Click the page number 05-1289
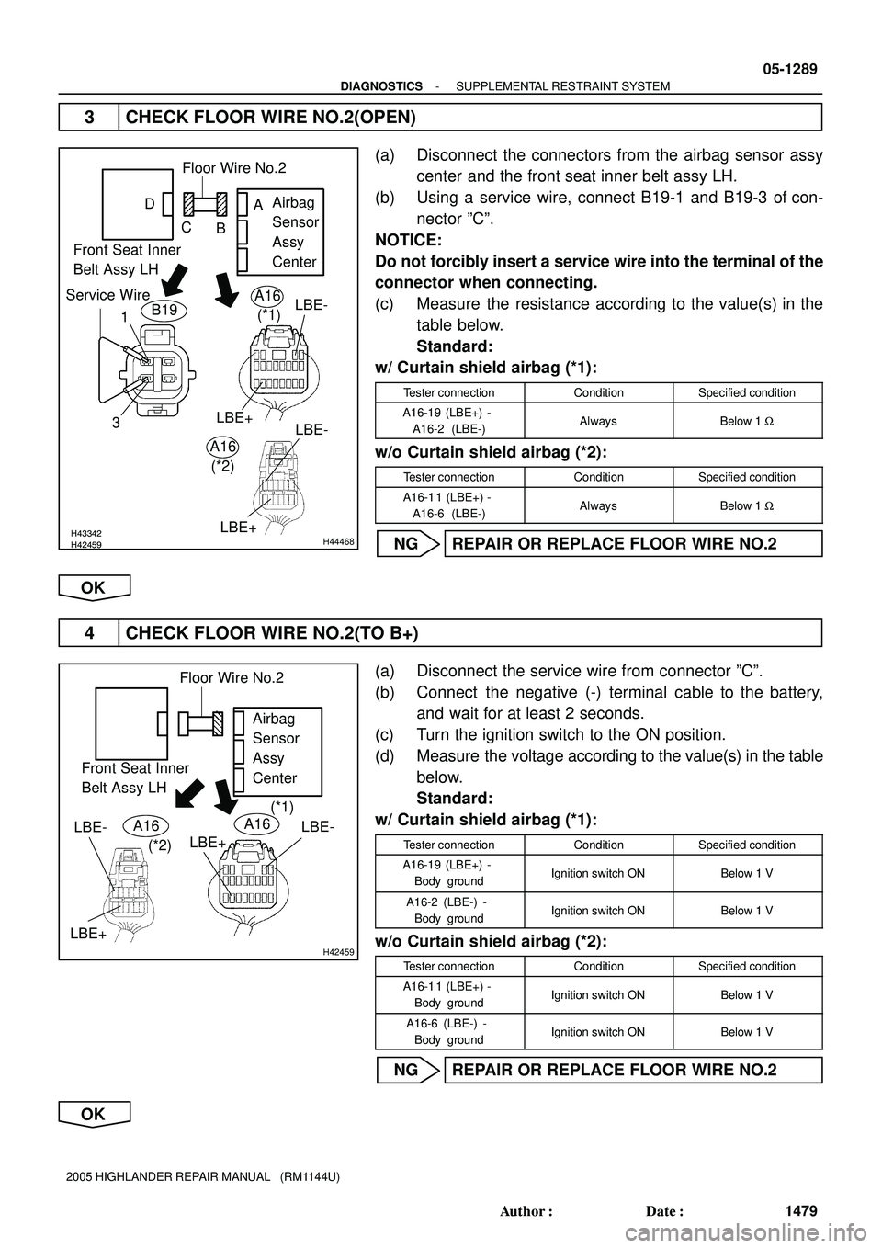tap(788, 70)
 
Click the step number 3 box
tap(89, 118)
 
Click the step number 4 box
tap(89, 634)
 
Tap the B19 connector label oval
tap(164, 311)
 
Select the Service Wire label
tap(107, 295)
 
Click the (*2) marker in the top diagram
tap(221, 466)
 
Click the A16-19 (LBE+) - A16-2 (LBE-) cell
tap(448, 421)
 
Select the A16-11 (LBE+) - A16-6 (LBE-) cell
tap(448, 505)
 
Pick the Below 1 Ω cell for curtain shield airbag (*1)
tap(747, 421)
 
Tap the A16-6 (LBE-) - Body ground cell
tap(448, 1031)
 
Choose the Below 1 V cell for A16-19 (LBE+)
tap(747, 873)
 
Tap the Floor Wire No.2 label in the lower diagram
tap(232, 678)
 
